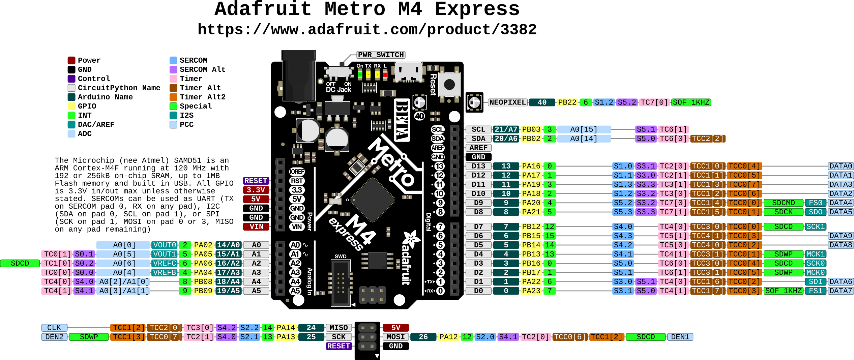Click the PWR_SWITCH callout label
381,55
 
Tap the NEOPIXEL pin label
508,102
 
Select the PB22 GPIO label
567,102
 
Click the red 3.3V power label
256,190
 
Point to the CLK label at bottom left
54,328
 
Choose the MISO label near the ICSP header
338,328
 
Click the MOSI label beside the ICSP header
396,337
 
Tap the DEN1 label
680,337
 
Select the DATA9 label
841,236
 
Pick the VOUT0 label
165,245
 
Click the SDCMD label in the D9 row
784,203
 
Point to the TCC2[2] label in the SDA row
708,139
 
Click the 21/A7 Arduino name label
506,129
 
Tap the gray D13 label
478,166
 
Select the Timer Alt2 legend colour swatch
173,97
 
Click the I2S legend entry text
187,115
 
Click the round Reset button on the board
449,84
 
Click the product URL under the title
367,30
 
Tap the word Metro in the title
355,9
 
